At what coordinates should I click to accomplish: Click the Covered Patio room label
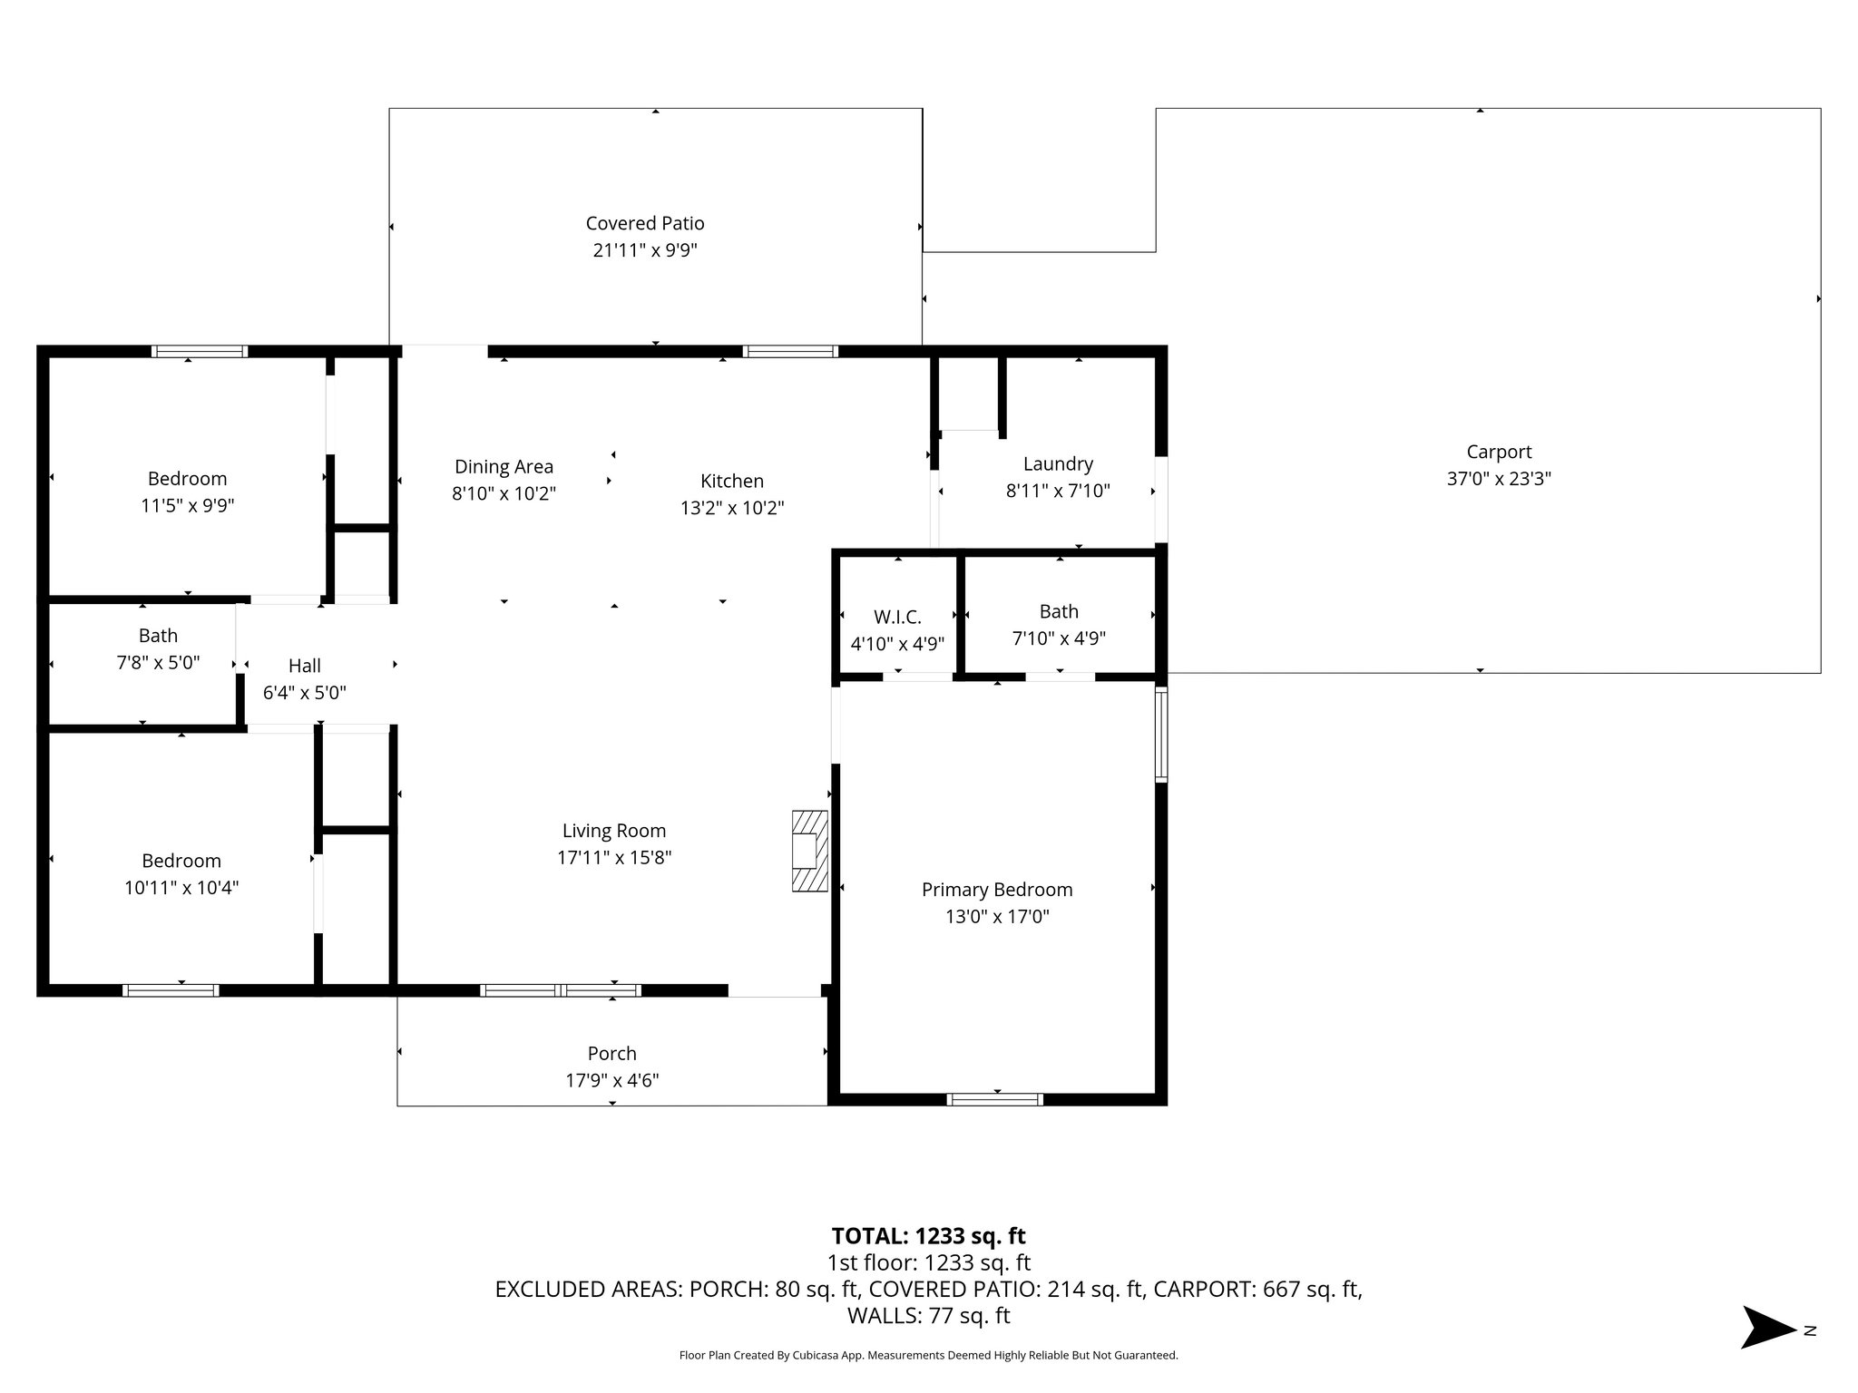tap(644, 223)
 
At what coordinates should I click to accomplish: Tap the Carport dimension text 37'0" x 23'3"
tap(1499, 478)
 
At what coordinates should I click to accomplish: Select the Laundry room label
tap(1058, 463)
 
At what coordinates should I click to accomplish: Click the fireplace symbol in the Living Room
tap(809, 851)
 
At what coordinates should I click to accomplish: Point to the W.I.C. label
tap(897, 617)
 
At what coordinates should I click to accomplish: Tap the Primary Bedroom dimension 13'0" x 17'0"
tap(997, 916)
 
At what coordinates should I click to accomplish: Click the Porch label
tap(611, 1053)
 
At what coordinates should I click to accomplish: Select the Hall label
tap(305, 666)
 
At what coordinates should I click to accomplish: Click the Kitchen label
tap(731, 481)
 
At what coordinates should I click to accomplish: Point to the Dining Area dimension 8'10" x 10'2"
tap(504, 493)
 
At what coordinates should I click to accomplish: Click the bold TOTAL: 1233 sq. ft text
tap(928, 1235)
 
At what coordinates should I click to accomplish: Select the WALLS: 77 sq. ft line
tap(928, 1315)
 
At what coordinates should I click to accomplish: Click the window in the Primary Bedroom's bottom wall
tap(994, 1099)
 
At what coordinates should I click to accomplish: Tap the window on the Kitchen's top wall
tap(789, 351)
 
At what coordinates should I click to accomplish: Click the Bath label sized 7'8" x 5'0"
tap(158, 636)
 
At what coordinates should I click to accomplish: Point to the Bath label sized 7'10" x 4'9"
tap(1059, 611)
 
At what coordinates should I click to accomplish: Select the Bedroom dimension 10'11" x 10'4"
tap(181, 887)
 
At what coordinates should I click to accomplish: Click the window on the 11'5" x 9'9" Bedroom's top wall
tap(199, 351)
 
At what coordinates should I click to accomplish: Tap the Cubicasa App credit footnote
tap(928, 1355)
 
